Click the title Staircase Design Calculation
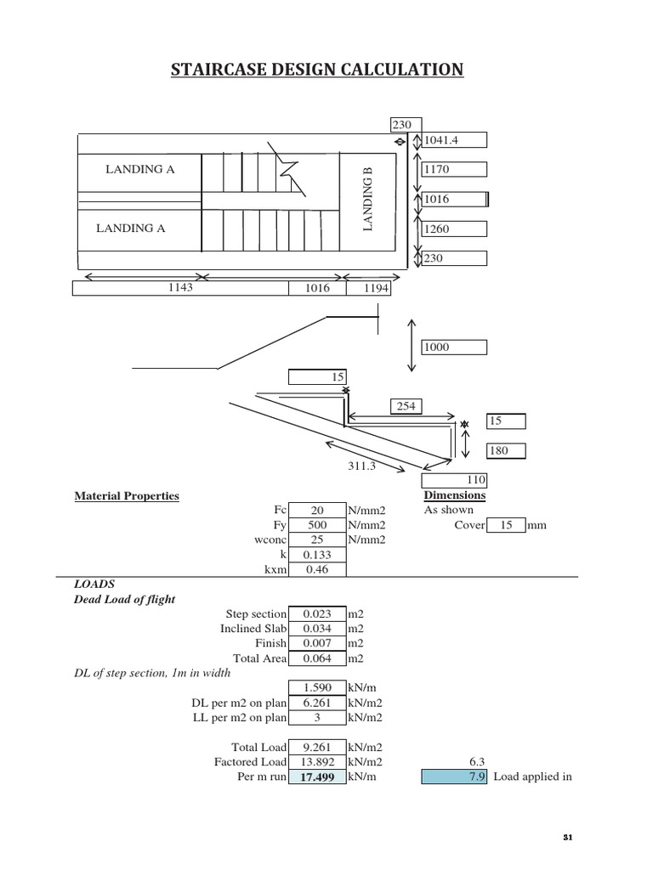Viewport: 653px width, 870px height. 317,70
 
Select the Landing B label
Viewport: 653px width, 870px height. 368,199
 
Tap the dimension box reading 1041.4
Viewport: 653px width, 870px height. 454,140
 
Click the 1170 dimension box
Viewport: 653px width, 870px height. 454,170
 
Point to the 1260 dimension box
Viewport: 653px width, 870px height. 454,229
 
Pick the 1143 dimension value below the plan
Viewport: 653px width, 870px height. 181,288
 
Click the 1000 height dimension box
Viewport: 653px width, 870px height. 454,347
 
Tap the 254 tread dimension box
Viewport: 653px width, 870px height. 406,406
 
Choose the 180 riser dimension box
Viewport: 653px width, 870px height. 506,451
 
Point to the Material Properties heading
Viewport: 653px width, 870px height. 127,495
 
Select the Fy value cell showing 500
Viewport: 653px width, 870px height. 317,525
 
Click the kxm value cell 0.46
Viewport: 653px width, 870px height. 317,569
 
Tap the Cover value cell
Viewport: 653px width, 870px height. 506,525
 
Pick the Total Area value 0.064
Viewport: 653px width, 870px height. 317,658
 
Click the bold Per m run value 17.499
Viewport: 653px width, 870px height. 317,777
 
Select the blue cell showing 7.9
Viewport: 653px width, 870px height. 454,777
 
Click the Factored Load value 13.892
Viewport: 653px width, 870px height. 317,762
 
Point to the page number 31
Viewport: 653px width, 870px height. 569,838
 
